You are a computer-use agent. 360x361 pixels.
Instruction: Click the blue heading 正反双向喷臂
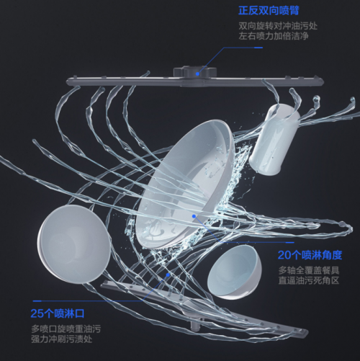[x=269, y=11]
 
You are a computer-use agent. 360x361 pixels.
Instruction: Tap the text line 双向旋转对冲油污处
[x=278, y=26]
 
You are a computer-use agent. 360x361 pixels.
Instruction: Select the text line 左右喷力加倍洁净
[x=274, y=36]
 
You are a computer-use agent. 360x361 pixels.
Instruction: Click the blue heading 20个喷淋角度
[x=310, y=255]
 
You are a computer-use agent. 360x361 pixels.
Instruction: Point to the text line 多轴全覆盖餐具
[x=309, y=270]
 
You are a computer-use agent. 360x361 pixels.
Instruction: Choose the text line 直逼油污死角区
[x=309, y=280]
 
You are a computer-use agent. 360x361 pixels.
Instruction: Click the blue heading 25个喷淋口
[x=58, y=313]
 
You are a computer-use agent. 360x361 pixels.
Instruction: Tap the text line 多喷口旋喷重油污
[x=66, y=329]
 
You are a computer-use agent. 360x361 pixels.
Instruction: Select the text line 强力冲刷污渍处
[x=62, y=339]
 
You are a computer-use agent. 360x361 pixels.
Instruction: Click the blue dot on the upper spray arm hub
[x=197, y=73]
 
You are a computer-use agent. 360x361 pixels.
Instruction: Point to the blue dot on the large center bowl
[x=194, y=216]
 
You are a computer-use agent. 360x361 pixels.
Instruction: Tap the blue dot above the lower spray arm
[x=168, y=275]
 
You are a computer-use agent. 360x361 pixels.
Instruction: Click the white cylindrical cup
[x=274, y=139]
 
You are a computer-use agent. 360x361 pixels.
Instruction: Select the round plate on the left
[x=74, y=244]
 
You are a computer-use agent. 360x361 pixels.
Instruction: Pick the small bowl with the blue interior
[x=234, y=272]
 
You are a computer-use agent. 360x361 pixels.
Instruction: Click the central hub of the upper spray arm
[x=195, y=71]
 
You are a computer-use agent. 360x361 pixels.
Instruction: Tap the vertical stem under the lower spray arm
[x=196, y=325]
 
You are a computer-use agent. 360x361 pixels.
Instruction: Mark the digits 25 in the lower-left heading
[x=37, y=313]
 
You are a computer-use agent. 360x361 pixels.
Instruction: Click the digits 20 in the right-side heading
[x=284, y=255]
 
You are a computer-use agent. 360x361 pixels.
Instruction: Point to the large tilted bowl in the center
[x=185, y=185]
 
